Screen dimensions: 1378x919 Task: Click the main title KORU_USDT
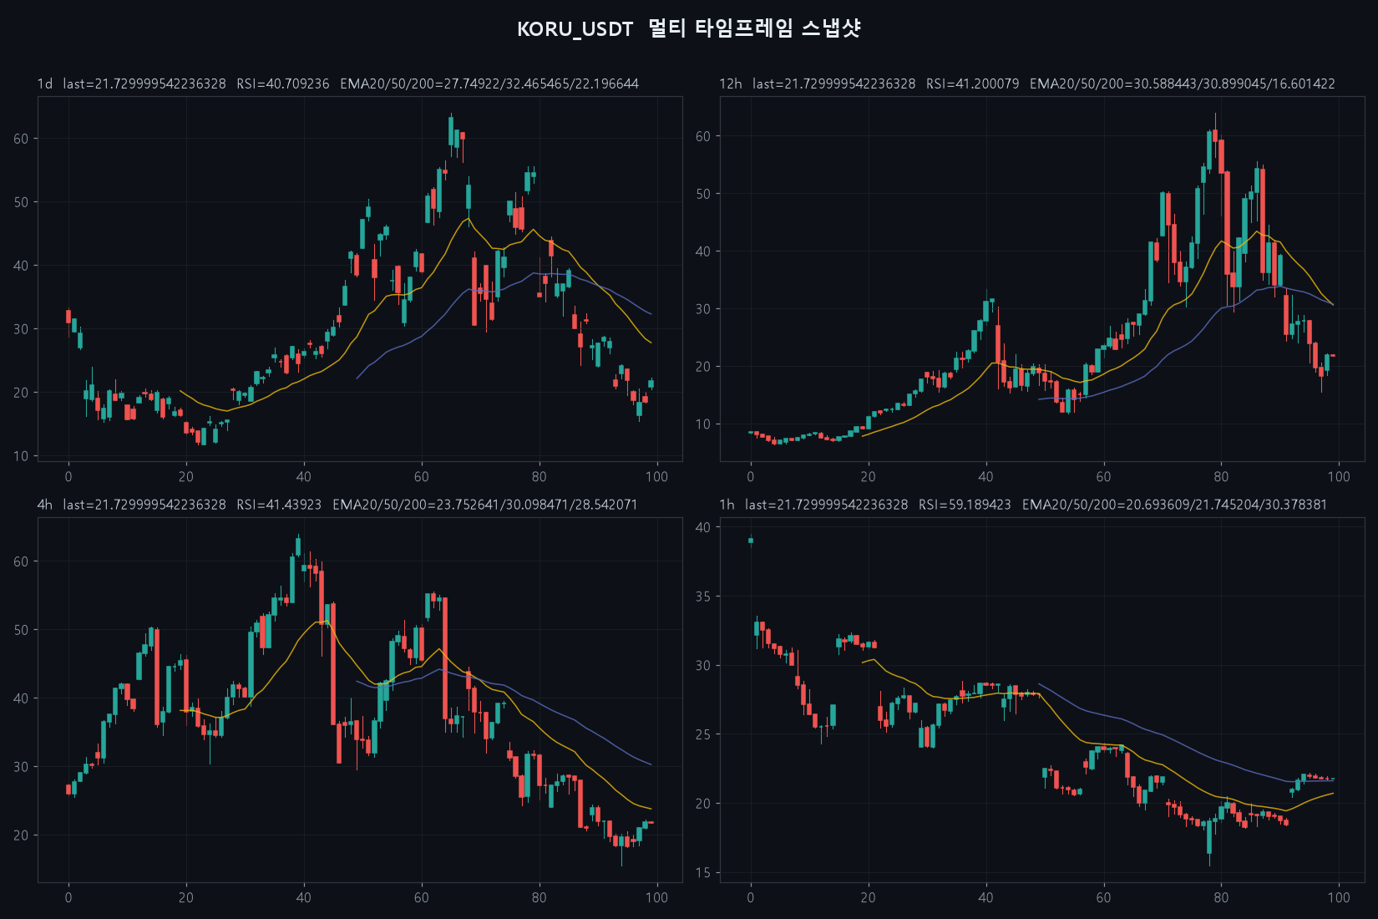(x=575, y=29)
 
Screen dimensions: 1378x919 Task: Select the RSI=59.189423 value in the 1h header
(x=965, y=505)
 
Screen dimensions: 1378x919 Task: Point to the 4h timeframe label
(x=45, y=505)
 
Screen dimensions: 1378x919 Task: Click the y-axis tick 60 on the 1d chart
(x=21, y=139)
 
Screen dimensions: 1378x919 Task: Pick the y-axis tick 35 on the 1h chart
(x=703, y=597)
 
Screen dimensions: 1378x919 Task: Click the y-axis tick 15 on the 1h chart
(x=703, y=873)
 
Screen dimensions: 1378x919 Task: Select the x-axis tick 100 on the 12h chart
(x=1339, y=476)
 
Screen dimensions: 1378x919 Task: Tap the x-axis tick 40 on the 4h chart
(x=304, y=897)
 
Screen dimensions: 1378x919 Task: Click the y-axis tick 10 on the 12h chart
(x=703, y=424)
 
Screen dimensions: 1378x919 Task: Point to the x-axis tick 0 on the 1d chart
(x=68, y=476)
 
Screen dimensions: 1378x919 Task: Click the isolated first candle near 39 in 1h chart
(x=751, y=541)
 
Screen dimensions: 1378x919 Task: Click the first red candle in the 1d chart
(x=68, y=317)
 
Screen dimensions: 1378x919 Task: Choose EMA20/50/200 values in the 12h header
(x=1183, y=84)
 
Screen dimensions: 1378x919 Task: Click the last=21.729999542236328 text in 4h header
(x=144, y=505)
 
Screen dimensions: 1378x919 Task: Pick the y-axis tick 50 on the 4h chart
(x=21, y=630)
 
